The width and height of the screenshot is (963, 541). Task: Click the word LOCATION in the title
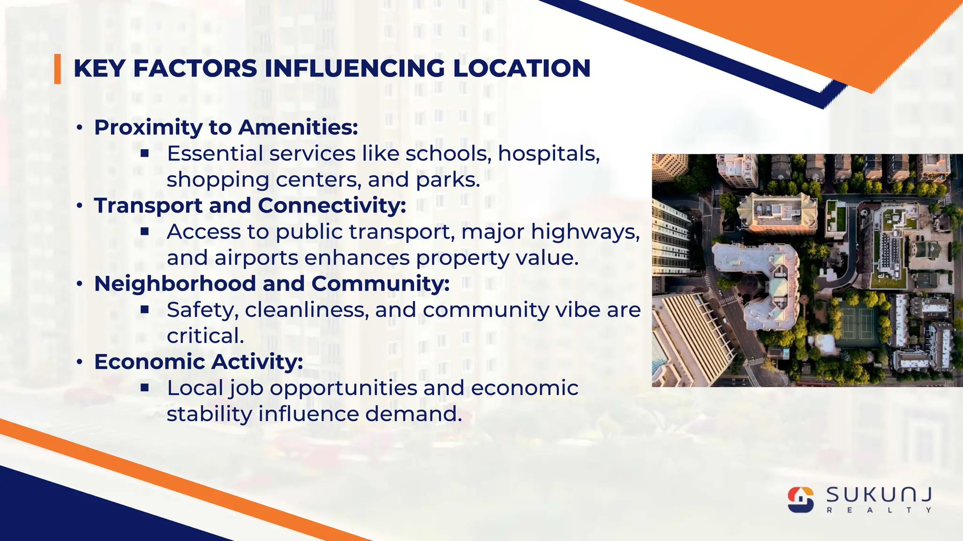[x=521, y=69]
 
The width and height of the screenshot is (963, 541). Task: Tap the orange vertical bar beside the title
[x=57, y=69]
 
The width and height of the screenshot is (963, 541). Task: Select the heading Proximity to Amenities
[x=226, y=127]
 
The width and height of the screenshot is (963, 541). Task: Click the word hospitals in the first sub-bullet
[x=549, y=154]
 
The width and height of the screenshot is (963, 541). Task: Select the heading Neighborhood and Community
[x=272, y=284]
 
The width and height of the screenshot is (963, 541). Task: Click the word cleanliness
[x=307, y=310]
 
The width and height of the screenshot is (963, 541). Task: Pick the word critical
[x=205, y=336]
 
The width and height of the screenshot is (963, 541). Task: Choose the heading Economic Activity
[x=198, y=362]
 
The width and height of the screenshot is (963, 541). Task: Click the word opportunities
[x=343, y=388]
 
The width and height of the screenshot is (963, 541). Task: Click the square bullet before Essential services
[x=145, y=153]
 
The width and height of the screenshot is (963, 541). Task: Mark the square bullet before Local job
[x=145, y=387]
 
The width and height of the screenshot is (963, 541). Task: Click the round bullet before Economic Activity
[x=80, y=362]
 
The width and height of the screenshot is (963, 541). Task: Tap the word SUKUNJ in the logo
[x=879, y=495]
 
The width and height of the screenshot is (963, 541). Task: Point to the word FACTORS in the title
[x=195, y=69]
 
